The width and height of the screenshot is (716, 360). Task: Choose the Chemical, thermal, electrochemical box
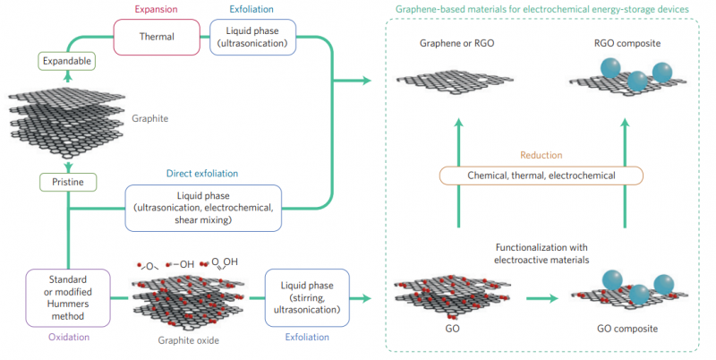click(541, 175)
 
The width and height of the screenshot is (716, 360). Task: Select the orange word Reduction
click(541, 155)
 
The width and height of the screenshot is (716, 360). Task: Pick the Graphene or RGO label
click(455, 44)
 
